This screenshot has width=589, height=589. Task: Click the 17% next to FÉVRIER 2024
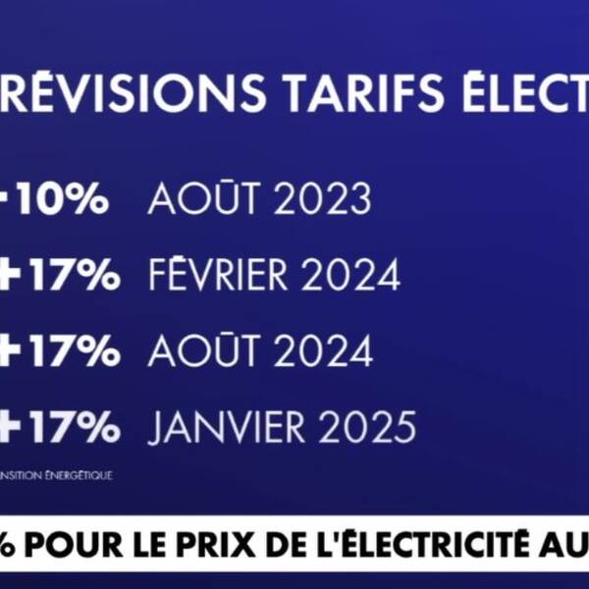(x=75, y=276)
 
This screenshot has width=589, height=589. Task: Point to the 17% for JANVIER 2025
(x=75, y=428)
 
